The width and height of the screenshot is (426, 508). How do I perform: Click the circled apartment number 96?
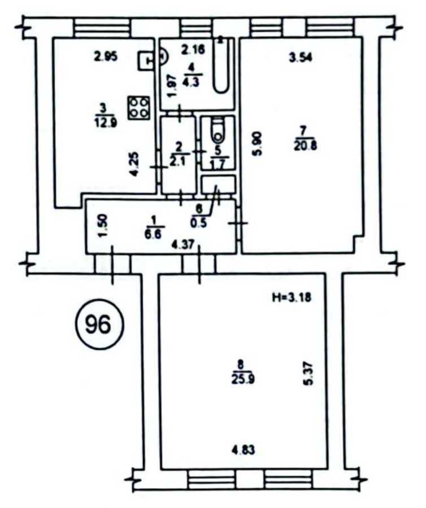pyautogui.click(x=98, y=323)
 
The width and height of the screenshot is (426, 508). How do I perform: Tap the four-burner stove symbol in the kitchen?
pyautogui.click(x=138, y=107)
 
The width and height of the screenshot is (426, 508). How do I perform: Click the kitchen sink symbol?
pyautogui.click(x=146, y=59)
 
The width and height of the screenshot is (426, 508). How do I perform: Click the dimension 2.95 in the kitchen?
pyautogui.click(x=106, y=56)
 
